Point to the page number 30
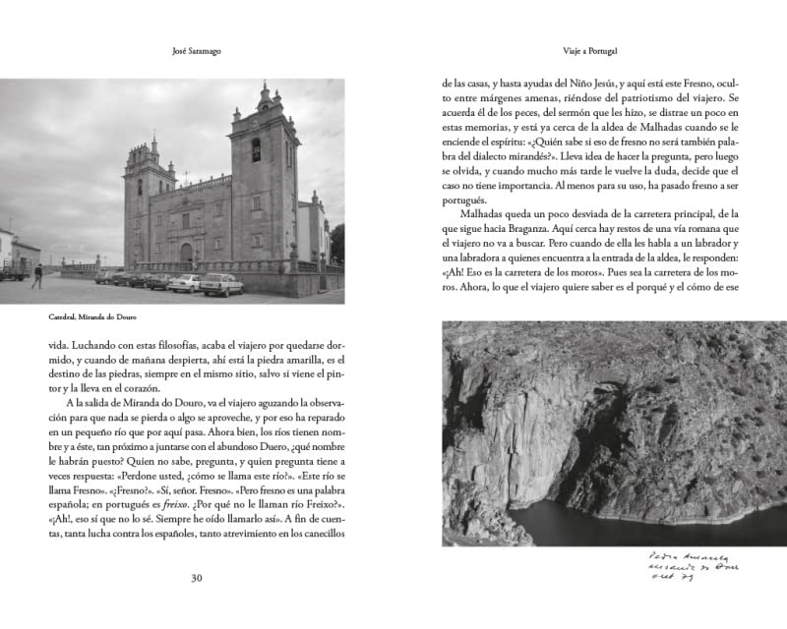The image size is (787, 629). (x=196, y=578)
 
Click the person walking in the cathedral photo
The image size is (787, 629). (x=37, y=275)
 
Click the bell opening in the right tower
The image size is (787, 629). (x=256, y=150)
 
